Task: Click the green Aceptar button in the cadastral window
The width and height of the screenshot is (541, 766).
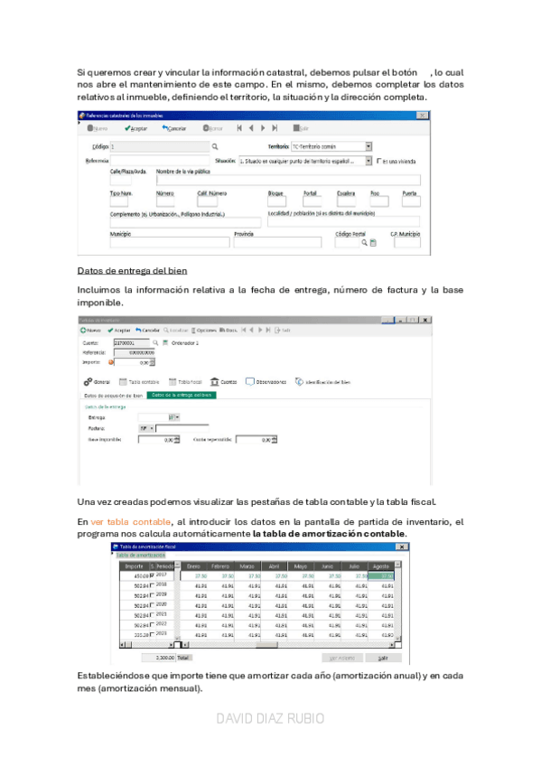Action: click(138, 128)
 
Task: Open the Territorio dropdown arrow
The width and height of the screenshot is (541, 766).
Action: click(368, 145)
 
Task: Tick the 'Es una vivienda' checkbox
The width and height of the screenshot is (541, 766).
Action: click(379, 160)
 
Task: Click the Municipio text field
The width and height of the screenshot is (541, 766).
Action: click(170, 242)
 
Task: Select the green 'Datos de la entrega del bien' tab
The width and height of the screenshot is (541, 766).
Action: click(182, 395)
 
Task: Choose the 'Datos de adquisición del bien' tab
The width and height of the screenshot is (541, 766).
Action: click(113, 395)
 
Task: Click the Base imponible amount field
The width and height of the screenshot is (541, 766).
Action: click(157, 440)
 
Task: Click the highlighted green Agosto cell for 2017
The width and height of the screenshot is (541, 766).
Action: click(386, 574)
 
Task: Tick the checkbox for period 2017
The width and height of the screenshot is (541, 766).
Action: click(152, 574)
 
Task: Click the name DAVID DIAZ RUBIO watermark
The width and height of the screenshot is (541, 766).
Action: click(271, 719)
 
